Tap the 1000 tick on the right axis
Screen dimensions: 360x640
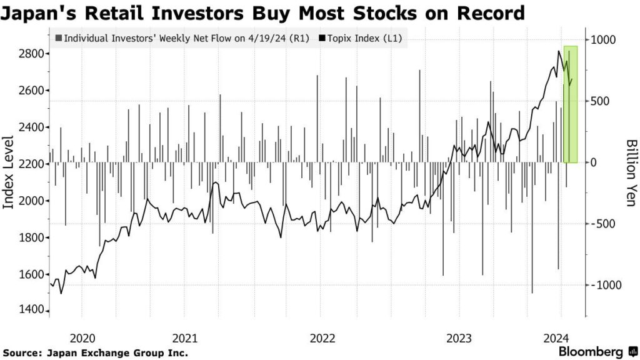tap(604, 40)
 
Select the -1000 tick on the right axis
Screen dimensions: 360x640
tap(606, 285)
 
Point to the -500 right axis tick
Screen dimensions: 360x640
tap(603, 224)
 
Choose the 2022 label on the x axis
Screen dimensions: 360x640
tap(322, 338)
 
